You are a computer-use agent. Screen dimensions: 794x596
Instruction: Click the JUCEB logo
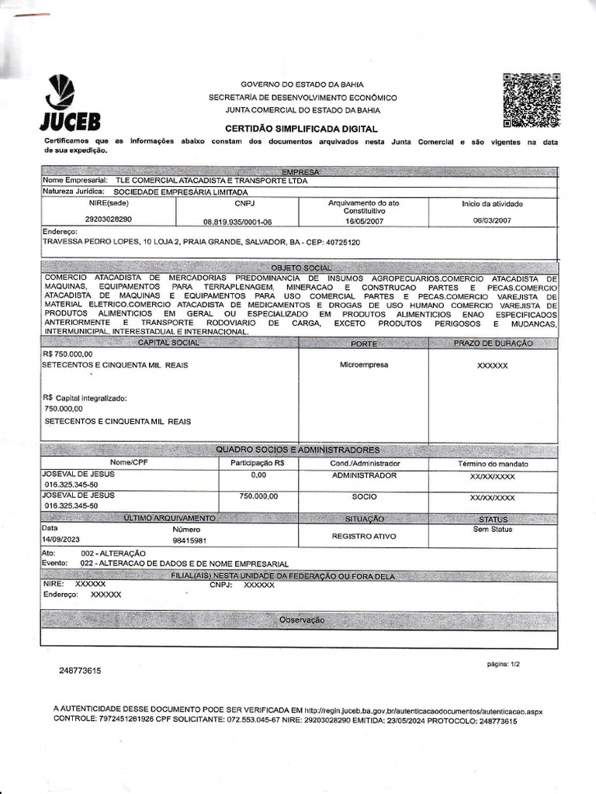point(69,104)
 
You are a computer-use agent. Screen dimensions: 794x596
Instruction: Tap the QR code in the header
point(532,100)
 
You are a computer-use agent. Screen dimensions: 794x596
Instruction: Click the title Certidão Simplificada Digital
point(301,129)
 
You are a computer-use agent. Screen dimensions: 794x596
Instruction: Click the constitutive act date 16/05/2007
point(364,220)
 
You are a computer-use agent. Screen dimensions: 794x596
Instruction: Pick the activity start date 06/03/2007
point(492,220)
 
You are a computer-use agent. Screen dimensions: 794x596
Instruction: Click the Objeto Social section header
point(300,268)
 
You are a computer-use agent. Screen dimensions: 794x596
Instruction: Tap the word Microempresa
point(364,364)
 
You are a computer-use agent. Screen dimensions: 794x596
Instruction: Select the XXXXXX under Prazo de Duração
point(492,364)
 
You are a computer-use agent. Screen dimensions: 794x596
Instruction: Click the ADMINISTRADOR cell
point(364,475)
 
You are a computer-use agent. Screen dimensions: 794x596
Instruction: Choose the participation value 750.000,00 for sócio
point(258,496)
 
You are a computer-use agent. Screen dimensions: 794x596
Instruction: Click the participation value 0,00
point(258,475)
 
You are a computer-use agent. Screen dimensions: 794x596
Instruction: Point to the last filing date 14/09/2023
point(61,540)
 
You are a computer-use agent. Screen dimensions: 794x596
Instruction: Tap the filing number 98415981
point(189,540)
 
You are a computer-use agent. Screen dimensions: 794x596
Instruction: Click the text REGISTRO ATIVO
point(364,536)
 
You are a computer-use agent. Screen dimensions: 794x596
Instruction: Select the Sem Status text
point(493,530)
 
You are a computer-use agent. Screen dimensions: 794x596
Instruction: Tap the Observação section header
point(301,620)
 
